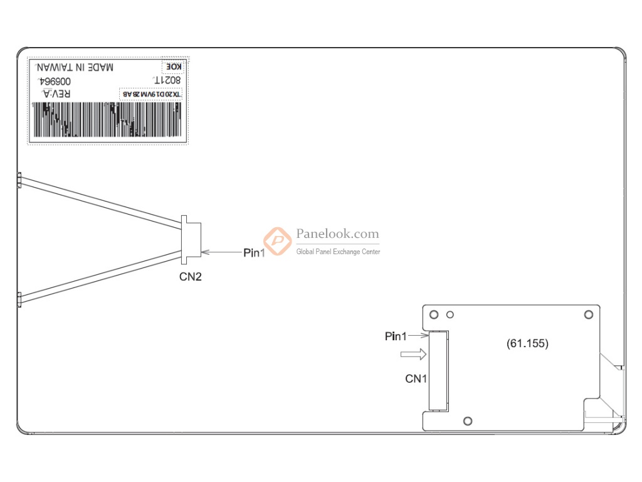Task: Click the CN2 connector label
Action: [191, 276]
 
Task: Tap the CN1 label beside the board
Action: [416, 378]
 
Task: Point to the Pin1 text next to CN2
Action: [254, 252]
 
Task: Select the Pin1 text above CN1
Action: [396, 336]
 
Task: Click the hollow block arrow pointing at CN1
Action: [414, 355]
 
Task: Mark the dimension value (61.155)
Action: [527, 343]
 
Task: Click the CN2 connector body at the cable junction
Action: [191, 237]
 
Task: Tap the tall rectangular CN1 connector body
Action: [438, 371]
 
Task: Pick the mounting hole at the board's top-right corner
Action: [588, 314]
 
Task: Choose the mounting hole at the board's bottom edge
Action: [467, 420]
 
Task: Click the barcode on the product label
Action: [108, 120]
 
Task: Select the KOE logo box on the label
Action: [173, 67]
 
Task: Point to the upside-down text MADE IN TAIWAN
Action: [75, 67]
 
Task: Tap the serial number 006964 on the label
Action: [55, 82]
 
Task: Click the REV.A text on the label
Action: [56, 94]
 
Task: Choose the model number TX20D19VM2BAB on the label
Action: [151, 94]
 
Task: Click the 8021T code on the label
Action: [167, 81]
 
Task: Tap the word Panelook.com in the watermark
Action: [337, 234]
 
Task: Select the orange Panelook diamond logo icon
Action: [276, 240]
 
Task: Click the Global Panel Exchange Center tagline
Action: [338, 252]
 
